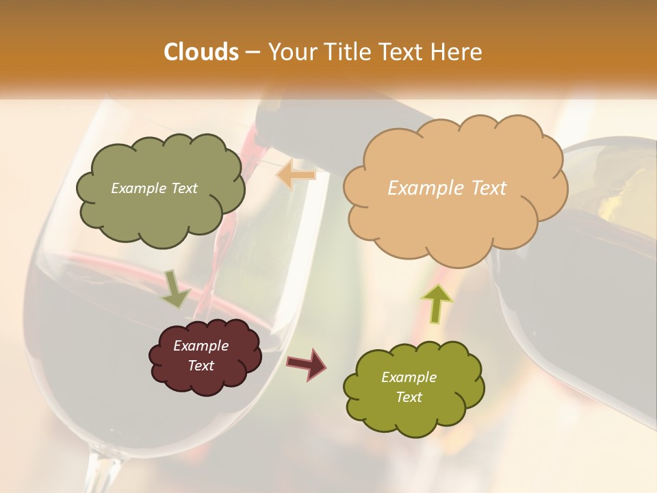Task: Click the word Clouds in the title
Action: (x=201, y=52)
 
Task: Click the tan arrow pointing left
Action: (x=296, y=175)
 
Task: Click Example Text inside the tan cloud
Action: (x=447, y=188)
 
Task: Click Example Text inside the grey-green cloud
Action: (x=154, y=188)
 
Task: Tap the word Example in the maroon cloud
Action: (x=201, y=346)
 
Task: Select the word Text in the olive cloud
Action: (x=409, y=397)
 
